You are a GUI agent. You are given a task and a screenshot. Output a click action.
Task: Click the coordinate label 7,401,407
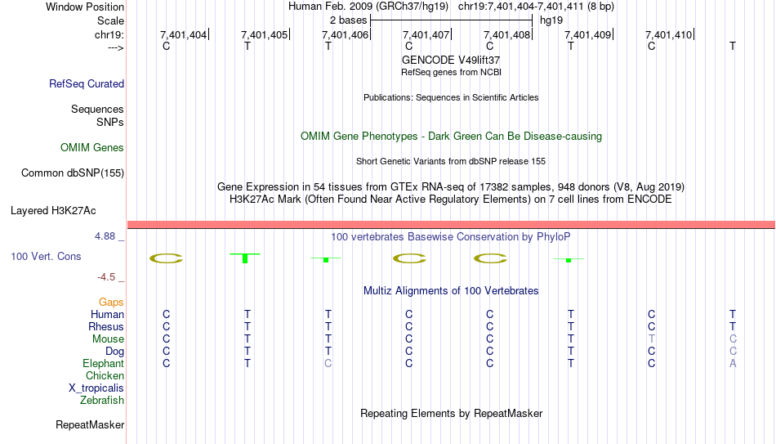(x=426, y=34)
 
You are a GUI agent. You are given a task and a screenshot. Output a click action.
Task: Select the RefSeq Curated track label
(x=87, y=83)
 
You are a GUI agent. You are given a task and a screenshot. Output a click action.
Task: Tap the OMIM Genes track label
(x=92, y=148)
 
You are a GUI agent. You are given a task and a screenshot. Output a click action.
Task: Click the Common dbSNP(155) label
(x=73, y=173)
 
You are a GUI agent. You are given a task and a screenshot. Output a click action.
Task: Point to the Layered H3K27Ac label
(x=53, y=211)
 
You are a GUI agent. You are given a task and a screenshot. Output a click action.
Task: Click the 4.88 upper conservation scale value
(x=105, y=236)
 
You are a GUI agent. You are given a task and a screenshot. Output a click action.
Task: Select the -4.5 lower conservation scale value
(x=106, y=277)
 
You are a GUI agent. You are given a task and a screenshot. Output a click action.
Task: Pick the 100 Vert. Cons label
(x=46, y=256)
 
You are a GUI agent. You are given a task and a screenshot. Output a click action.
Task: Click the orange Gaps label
(x=111, y=303)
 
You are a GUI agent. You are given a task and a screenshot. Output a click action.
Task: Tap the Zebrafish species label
(x=102, y=401)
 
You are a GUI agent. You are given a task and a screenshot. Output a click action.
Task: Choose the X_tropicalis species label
(x=96, y=388)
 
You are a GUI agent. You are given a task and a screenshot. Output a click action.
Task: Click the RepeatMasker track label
(x=90, y=424)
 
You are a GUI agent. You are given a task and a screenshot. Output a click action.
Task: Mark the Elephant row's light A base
(x=733, y=363)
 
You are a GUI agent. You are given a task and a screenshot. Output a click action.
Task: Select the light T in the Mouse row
(x=651, y=339)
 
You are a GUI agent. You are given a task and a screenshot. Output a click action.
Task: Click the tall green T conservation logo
(x=245, y=258)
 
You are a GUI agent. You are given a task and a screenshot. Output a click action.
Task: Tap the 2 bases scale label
(x=349, y=20)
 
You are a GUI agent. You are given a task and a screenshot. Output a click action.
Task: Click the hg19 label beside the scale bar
(x=551, y=20)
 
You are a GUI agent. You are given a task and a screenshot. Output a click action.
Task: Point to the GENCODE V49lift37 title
(x=451, y=60)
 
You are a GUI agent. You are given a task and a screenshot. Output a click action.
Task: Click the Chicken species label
(x=105, y=375)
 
